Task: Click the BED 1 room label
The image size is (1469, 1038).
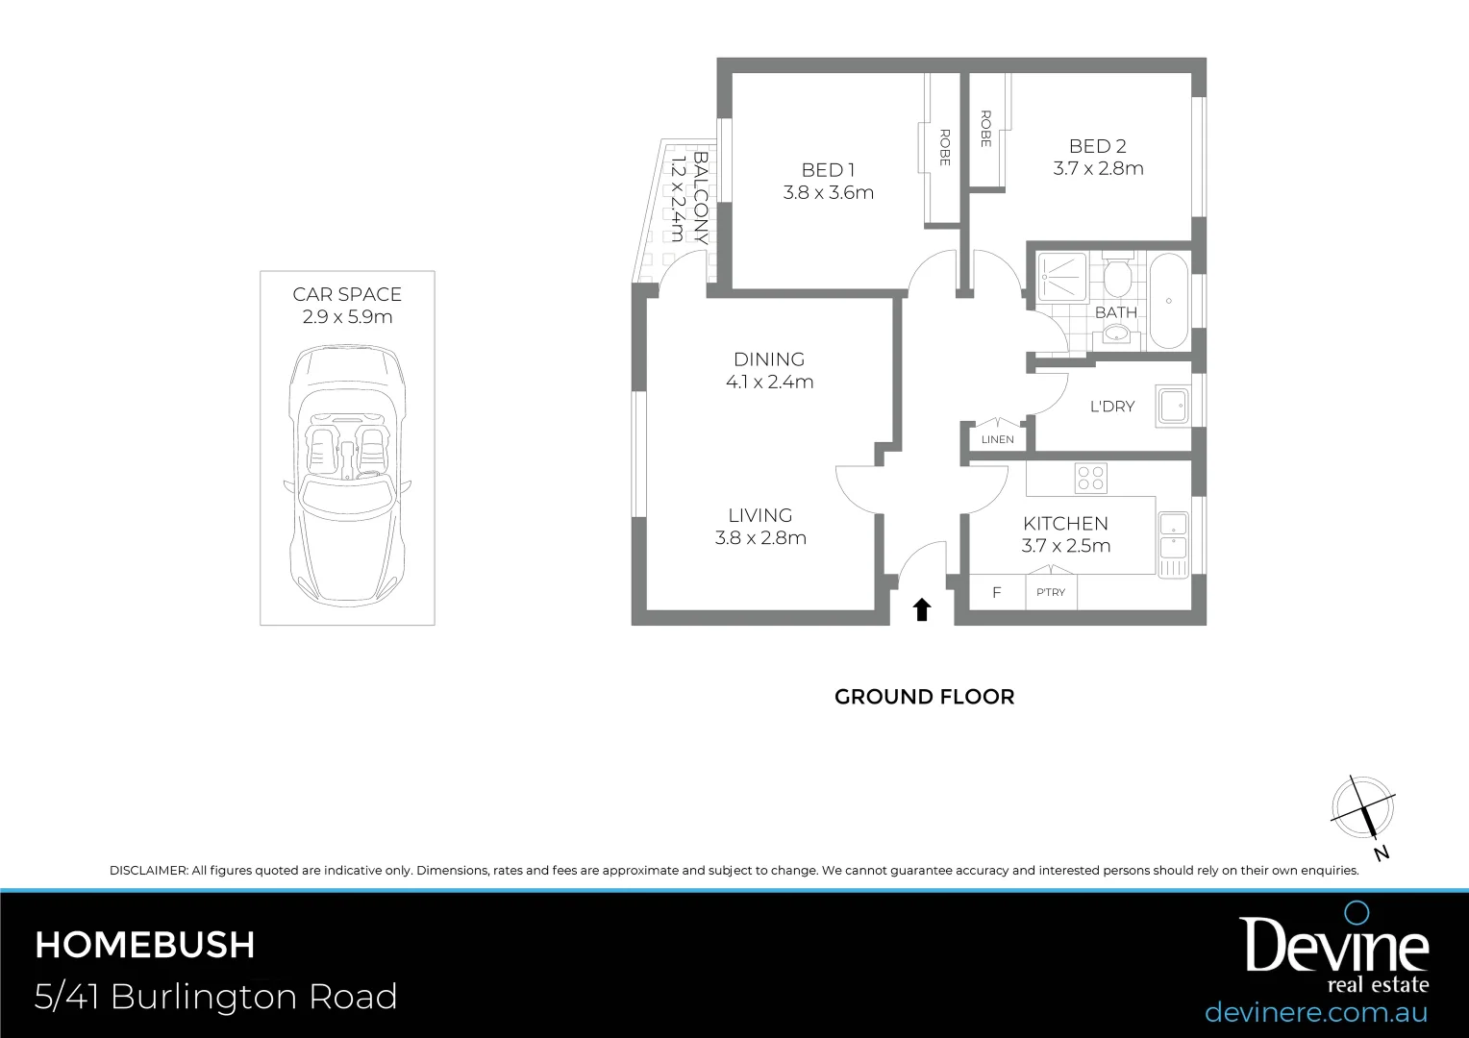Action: click(828, 170)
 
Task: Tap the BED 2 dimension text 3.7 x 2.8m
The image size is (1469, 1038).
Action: click(1098, 169)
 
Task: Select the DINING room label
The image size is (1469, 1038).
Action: click(769, 359)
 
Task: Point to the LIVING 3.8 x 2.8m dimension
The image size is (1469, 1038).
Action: click(760, 538)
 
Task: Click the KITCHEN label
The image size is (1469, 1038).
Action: click(1065, 524)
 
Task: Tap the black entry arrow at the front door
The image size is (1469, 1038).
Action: click(922, 609)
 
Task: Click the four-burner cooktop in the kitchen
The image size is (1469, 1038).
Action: click(1091, 478)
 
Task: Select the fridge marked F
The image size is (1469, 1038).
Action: click(996, 592)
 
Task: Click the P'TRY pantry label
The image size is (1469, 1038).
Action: click(1051, 592)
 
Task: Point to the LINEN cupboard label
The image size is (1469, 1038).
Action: click(997, 439)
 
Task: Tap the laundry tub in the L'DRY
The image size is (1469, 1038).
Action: click(1174, 407)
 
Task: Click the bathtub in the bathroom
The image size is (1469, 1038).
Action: click(1168, 301)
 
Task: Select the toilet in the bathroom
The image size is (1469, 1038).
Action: click(1116, 278)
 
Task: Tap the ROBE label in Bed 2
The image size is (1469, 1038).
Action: click(985, 129)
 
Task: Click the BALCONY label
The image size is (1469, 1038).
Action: click(700, 197)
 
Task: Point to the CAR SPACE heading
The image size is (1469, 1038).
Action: click(347, 295)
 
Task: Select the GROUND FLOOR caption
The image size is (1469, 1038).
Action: click(924, 697)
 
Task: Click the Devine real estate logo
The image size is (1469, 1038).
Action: click(1333, 951)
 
